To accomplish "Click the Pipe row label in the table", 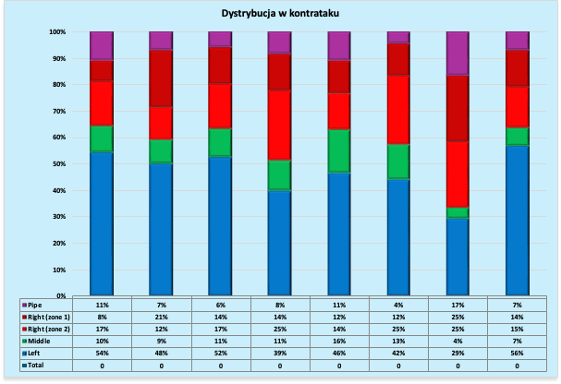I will [x=35, y=304].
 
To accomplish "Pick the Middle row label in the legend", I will [x=40, y=342].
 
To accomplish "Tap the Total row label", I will [x=37, y=366].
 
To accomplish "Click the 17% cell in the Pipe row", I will [x=457, y=304].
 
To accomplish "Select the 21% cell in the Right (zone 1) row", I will [x=161, y=317].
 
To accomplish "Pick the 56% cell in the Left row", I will [x=517, y=354].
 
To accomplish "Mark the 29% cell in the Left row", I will [x=457, y=354].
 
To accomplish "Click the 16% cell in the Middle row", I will [x=339, y=342].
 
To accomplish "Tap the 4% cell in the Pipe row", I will [x=398, y=304].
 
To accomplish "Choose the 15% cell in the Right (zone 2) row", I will [x=517, y=329].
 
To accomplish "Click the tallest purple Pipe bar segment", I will [x=457, y=53].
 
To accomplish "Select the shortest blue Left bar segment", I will [x=457, y=257].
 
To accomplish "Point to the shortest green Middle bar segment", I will [x=457, y=212].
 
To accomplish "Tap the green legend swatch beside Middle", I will [x=24, y=342].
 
